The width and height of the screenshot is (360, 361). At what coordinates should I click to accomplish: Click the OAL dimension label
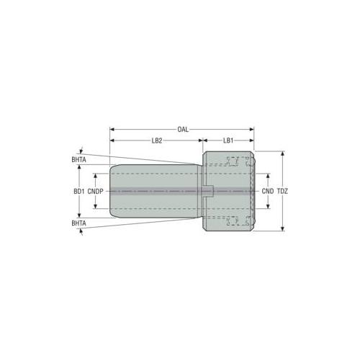click(183, 130)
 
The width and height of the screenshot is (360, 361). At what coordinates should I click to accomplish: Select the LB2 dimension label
click(156, 141)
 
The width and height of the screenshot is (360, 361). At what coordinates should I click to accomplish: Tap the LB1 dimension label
click(227, 141)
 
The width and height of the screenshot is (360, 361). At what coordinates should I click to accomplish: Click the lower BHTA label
click(79, 224)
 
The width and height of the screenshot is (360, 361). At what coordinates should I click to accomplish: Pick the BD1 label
click(79, 192)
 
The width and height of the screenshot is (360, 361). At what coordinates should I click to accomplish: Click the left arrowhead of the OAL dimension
click(112, 130)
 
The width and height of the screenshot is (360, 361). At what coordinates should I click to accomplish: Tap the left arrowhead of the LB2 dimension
click(112, 141)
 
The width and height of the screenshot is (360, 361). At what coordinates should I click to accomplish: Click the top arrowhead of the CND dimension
click(269, 176)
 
